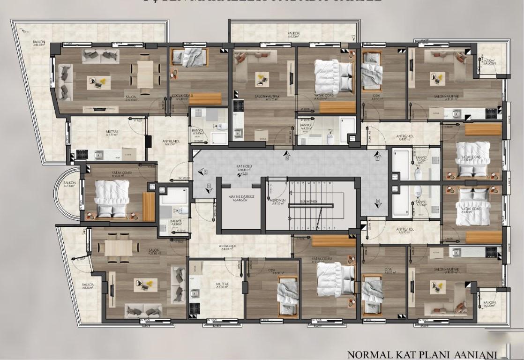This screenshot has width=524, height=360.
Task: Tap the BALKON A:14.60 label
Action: coord(39,44)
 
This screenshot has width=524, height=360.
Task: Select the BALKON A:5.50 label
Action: coord(88,285)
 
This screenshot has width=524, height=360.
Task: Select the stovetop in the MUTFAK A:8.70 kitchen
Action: coord(82,154)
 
